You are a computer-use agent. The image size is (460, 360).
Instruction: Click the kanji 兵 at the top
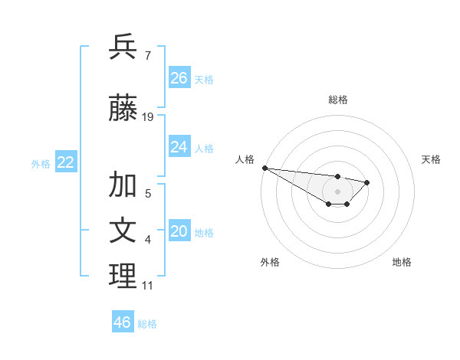123,47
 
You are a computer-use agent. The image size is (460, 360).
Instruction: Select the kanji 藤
123,109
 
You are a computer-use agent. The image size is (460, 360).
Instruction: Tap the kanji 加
123,185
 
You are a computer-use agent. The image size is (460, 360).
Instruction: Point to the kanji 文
123,231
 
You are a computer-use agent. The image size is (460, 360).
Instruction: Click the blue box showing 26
179,78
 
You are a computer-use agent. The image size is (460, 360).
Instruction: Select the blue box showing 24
179,147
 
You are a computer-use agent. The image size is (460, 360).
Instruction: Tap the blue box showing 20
179,232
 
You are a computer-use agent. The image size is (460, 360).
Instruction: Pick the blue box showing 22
66,162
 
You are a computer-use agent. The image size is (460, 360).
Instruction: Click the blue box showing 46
122,322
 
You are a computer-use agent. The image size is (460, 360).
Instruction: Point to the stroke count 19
148,117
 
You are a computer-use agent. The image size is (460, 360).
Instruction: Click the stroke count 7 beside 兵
147,56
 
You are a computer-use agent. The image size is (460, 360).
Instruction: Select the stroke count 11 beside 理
147,286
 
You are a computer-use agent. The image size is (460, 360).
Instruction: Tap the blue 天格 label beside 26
204,79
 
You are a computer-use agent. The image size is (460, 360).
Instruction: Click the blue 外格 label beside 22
41,163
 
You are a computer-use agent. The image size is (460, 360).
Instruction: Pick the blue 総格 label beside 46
147,324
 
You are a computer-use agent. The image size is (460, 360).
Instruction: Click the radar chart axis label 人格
245,159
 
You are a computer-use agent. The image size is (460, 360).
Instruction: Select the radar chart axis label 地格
402,262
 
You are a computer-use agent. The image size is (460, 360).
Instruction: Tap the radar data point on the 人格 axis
264,168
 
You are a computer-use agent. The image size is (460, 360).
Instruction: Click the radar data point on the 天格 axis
367,182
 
